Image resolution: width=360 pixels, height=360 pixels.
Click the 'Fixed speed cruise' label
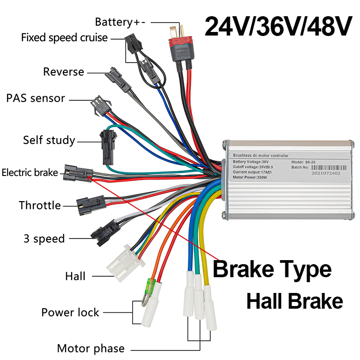point(64,37)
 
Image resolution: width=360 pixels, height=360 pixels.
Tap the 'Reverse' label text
point(63,72)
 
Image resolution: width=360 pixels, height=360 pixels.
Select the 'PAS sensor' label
point(36,98)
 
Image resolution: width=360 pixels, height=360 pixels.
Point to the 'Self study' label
point(49,140)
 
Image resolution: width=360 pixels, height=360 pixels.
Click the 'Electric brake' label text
point(30,172)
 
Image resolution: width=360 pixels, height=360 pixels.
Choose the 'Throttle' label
point(40,206)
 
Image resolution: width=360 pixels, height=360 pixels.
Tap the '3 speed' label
point(44,238)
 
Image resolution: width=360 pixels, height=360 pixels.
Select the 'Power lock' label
point(70,312)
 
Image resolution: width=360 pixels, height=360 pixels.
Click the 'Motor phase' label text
point(90,348)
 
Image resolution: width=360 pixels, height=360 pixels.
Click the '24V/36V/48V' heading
point(278,27)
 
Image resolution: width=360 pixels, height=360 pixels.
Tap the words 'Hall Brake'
point(295,301)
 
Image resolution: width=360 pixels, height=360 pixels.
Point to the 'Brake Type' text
point(272,269)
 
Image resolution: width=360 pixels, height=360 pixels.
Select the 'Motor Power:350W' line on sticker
point(250,177)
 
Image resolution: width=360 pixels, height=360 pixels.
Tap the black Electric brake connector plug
point(79,172)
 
